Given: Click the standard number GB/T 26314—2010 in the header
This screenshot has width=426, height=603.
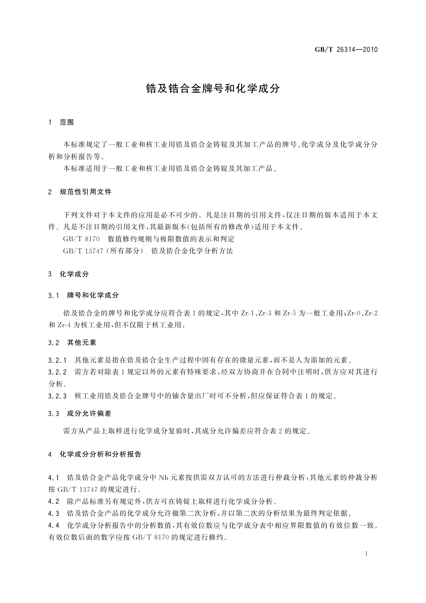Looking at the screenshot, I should point(346,49).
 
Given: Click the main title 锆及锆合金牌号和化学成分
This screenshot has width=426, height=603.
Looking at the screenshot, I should point(213,88).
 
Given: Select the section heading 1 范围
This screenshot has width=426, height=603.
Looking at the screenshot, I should point(61,122).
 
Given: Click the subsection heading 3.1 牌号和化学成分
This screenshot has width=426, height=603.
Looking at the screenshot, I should point(83,295).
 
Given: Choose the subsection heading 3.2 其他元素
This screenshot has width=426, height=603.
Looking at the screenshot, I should point(72,343).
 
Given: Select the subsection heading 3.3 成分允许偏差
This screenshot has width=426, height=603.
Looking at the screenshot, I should point(80,414).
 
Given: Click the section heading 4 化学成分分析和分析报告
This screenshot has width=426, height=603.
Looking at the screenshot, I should point(95,454).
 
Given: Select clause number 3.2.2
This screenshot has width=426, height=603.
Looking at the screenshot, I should point(57,372).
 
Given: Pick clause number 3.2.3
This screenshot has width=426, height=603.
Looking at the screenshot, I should point(57,396).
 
